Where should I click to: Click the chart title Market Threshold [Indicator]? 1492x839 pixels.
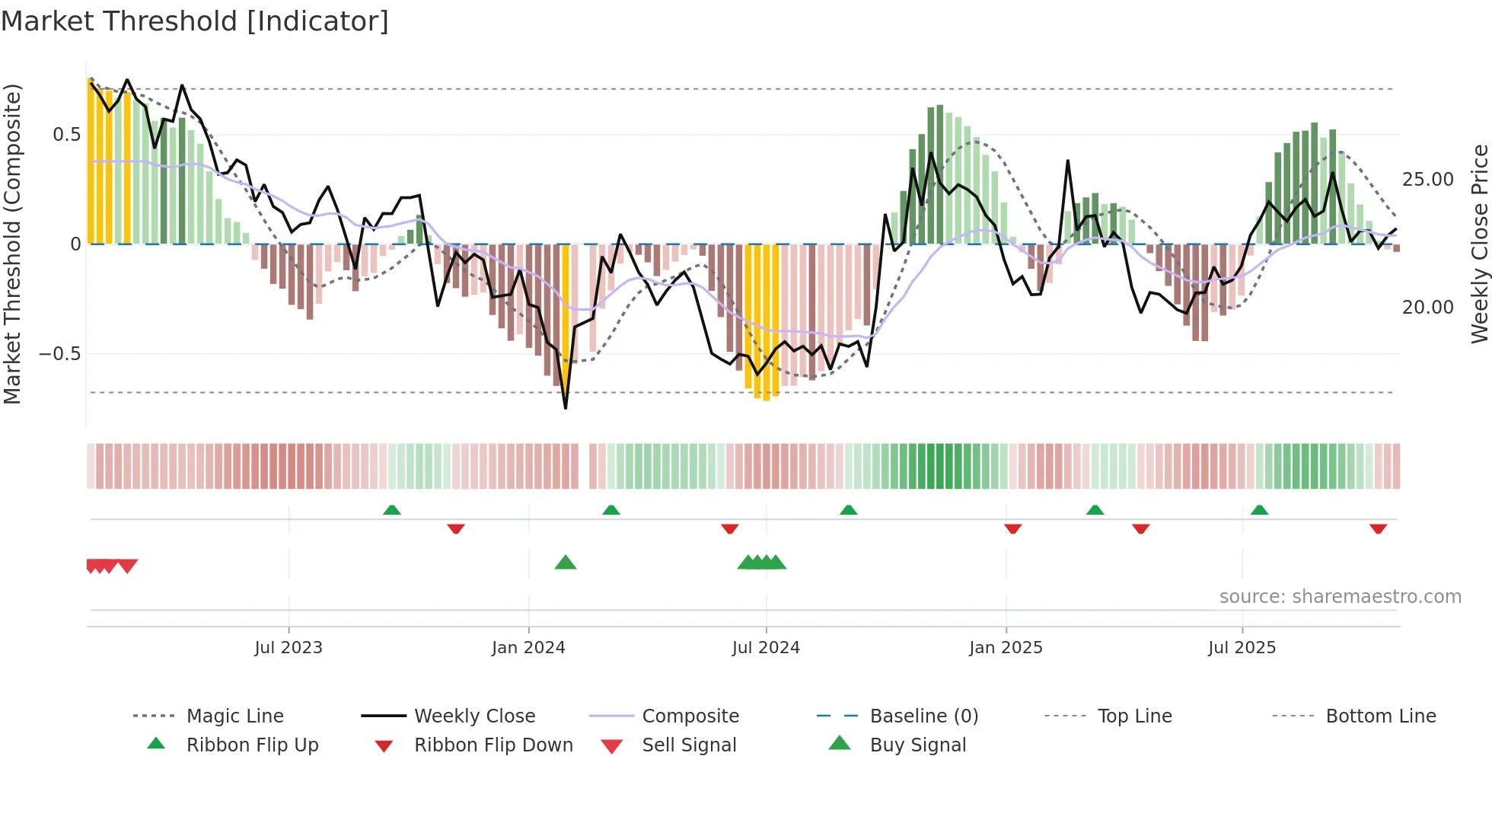pyautogui.click(x=195, y=21)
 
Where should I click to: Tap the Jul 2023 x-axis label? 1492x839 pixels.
pyautogui.click(x=289, y=648)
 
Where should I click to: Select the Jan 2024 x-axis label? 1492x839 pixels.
pyautogui.click(x=528, y=648)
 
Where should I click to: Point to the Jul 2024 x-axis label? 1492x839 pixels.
pyautogui.click(x=766, y=648)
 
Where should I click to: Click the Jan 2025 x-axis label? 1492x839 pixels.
pyautogui.click(x=1006, y=648)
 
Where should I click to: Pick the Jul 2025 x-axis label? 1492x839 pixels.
pyautogui.click(x=1242, y=648)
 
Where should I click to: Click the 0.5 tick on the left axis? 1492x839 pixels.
pyautogui.click(x=66, y=135)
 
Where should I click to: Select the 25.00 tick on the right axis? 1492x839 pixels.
pyautogui.click(x=1427, y=180)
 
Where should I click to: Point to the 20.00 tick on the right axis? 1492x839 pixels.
pyautogui.click(x=1427, y=308)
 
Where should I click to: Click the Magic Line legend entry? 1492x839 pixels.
pyautogui.click(x=234, y=716)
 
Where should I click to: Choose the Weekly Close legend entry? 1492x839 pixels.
pyautogui.click(x=474, y=716)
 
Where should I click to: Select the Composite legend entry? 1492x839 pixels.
pyautogui.click(x=690, y=716)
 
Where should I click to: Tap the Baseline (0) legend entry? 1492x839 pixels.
pyautogui.click(x=923, y=716)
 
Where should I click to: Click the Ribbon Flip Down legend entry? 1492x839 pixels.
pyautogui.click(x=493, y=745)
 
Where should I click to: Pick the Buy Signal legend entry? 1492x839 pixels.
pyautogui.click(x=917, y=745)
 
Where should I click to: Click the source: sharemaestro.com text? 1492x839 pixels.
pyautogui.click(x=1340, y=597)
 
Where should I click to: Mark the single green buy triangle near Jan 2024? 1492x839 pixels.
pyautogui.click(x=566, y=563)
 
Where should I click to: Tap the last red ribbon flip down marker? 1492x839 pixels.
pyautogui.click(x=1378, y=528)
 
